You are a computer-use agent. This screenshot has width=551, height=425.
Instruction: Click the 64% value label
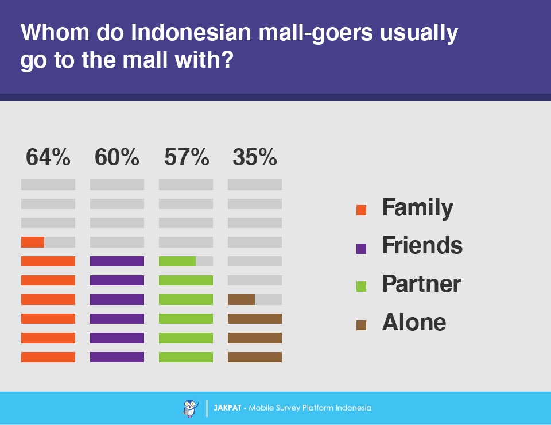48,157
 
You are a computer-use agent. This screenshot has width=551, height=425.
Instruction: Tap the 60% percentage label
117,157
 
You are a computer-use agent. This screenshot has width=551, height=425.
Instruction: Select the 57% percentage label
187,157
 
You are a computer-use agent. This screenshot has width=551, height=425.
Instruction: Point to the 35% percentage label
255,157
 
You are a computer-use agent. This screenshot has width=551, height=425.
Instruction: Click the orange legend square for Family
361,210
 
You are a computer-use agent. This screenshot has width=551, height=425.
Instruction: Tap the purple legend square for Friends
361,249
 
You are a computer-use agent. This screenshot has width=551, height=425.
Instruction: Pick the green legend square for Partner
361,287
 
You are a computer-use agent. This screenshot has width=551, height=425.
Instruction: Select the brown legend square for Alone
361,325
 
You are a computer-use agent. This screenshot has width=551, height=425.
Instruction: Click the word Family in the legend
417,208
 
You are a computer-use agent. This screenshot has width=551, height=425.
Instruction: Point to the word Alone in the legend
414,322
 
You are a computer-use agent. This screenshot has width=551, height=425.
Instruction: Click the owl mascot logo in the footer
190,408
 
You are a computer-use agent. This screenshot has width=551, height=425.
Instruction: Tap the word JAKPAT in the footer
227,408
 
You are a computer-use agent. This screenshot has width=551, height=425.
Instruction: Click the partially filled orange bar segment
33,242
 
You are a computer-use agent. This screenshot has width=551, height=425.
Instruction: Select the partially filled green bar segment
177,261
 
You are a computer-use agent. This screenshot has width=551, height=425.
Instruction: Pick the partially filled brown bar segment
241,299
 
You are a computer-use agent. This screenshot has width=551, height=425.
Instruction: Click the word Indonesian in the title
191,32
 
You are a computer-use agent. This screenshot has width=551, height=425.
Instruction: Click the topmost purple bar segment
117,261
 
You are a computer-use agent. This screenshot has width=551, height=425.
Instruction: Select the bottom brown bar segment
255,357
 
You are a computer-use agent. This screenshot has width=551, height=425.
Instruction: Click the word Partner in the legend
421,284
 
